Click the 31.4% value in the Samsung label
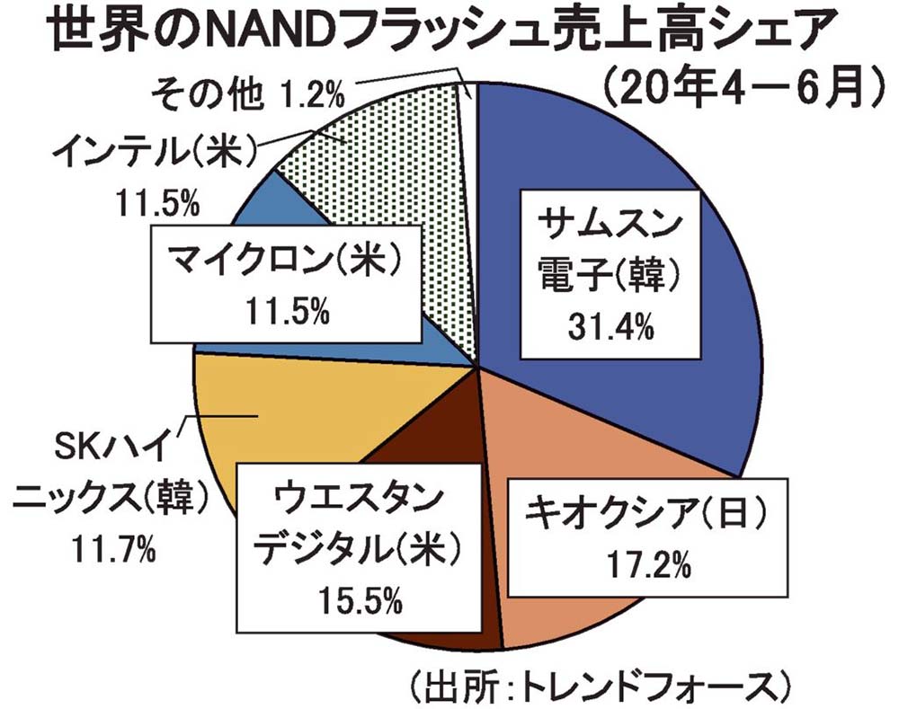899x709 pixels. tap(610, 329)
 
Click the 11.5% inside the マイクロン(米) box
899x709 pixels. tap(287, 311)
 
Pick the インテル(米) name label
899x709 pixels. tap(154, 149)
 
